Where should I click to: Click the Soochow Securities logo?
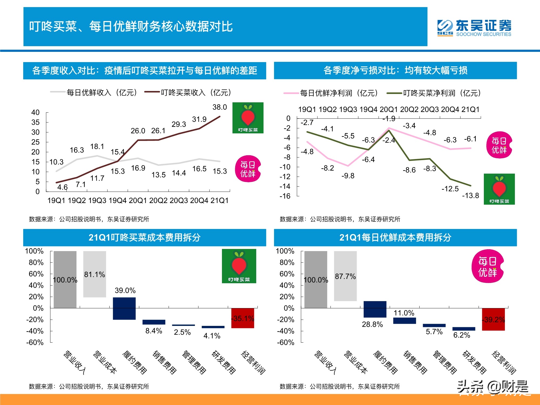coord(474,28)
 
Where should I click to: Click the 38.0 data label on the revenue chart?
coord(220,107)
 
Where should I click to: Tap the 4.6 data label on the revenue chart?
coord(62,187)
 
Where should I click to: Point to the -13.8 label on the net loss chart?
coord(470,195)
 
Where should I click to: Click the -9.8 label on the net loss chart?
coord(348,176)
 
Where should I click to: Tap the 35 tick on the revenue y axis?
coord(35,122)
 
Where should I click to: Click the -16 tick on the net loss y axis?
coord(285,196)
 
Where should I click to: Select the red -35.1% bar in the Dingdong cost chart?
coord(242,318)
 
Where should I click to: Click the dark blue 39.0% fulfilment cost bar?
coord(124,308)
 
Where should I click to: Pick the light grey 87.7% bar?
coord(345,276)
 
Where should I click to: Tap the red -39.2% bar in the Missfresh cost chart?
coord(493,319)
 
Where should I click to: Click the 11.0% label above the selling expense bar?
coord(404,313)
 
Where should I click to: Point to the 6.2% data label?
coord(462,335)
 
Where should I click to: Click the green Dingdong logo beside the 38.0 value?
coord(248,118)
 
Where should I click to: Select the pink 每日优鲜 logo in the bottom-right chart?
coord(488,266)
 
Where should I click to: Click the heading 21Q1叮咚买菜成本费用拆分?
coord(144,238)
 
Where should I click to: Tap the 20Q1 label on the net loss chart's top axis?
coord(389,109)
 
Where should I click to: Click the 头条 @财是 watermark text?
coord(492,387)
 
